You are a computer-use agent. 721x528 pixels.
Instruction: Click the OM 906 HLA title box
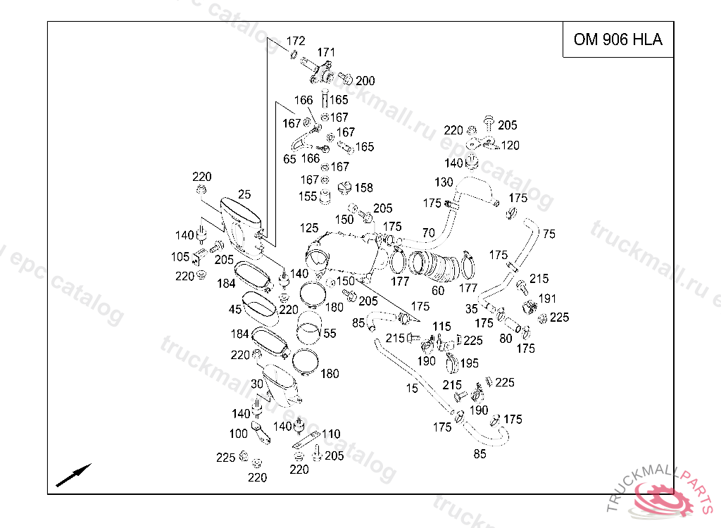[x=617, y=39]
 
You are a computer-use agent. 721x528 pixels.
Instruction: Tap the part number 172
[x=296, y=41]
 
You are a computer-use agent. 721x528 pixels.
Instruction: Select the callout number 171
[x=326, y=52]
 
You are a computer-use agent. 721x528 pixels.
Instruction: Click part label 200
[x=365, y=81]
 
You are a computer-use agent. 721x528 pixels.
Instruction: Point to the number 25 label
[x=244, y=194]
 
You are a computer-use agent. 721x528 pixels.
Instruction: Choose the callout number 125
[x=309, y=228]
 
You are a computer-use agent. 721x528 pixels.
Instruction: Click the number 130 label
[x=444, y=182]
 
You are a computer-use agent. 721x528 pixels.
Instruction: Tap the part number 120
[x=510, y=146]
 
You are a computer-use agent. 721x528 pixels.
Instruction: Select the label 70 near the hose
[x=428, y=233]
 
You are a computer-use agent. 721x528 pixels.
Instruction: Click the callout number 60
[x=438, y=290]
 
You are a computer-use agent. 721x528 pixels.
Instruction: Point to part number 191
[x=547, y=298]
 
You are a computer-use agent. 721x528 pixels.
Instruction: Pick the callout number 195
[x=469, y=363]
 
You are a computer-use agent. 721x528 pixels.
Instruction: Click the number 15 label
[x=412, y=388]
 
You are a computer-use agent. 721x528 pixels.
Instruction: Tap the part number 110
[x=331, y=434]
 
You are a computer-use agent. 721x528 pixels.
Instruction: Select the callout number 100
[x=239, y=434]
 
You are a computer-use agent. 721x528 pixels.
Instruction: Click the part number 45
[x=234, y=309]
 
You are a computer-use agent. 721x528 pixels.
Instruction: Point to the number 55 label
[x=330, y=333]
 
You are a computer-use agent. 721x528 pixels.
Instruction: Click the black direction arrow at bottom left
[x=73, y=475]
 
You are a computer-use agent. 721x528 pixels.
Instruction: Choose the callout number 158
[x=363, y=188]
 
